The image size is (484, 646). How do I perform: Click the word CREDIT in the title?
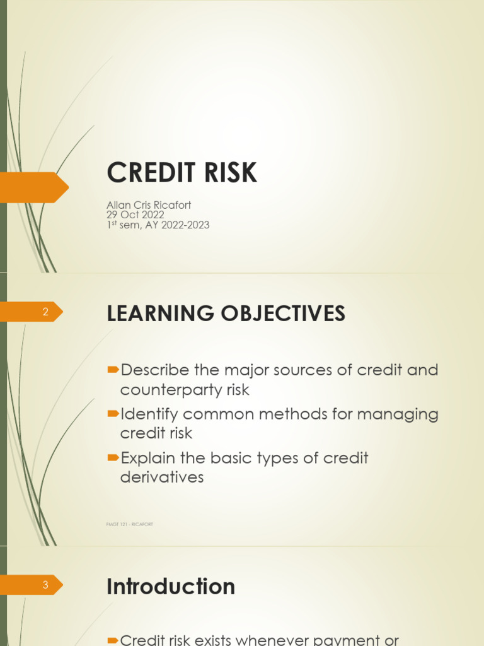point(151,172)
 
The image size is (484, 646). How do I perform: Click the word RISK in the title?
point(231,172)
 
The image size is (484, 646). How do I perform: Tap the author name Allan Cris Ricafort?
point(149,205)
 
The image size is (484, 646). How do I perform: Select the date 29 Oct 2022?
point(135,214)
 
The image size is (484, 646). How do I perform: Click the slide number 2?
point(45,312)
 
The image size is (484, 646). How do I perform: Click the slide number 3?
point(45,585)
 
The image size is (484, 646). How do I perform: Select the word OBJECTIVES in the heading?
point(283,313)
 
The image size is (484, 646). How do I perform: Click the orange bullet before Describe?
point(113,370)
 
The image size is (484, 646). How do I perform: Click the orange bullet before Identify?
point(113,414)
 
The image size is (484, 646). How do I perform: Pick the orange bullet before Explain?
point(113,457)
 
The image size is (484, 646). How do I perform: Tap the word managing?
point(398,414)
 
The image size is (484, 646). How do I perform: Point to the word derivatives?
point(162,477)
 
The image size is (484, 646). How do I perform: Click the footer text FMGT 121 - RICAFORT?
point(130,524)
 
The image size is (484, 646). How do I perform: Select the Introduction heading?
point(171,586)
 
